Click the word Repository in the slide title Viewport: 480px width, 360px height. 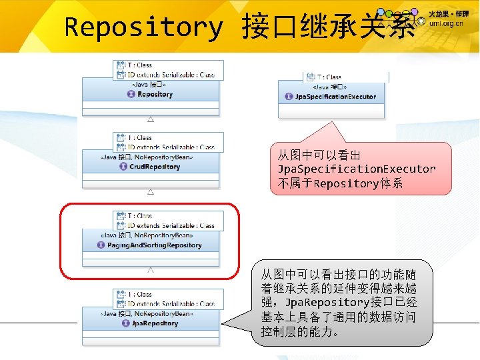click(143, 27)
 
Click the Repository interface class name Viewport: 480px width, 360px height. click(155, 95)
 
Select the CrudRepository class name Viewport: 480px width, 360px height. click(154, 167)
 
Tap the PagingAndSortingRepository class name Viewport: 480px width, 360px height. click(154, 245)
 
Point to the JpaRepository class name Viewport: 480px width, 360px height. click(155, 323)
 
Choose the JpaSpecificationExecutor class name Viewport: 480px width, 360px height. click(335, 97)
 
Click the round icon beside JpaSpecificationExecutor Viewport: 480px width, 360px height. click(289, 97)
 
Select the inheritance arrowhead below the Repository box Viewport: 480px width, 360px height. click(151, 119)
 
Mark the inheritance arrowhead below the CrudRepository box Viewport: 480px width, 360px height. click(151, 192)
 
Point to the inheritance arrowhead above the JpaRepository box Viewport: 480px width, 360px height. click(151, 270)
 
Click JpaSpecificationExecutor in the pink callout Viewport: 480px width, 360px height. click(357, 169)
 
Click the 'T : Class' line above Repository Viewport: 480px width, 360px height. click(139, 65)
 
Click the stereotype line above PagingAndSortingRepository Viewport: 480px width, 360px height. click(147, 235)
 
